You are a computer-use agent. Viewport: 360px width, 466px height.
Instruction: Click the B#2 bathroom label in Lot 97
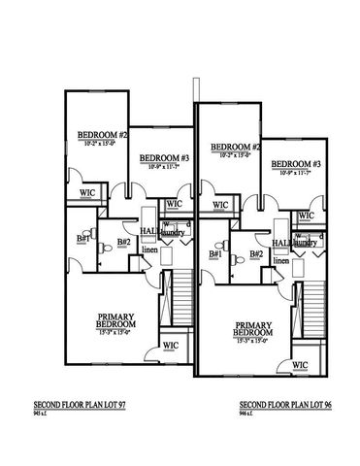123,242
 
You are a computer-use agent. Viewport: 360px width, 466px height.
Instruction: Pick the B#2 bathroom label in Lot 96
255,254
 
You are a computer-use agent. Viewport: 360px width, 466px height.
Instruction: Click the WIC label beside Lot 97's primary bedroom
169,345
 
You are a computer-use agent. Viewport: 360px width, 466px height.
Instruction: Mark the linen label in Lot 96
281,260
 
